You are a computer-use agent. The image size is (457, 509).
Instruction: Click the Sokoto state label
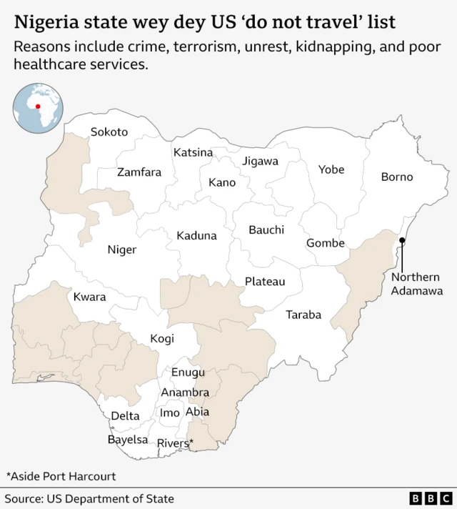click(x=109, y=132)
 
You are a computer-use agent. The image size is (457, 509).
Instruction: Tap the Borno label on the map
click(x=397, y=177)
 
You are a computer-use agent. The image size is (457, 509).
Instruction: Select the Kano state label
click(x=222, y=182)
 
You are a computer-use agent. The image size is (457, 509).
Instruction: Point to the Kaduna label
click(x=196, y=235)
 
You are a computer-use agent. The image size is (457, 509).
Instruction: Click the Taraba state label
click(x=303, y=315)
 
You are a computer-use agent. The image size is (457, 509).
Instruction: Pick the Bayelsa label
click(x=128, y=439)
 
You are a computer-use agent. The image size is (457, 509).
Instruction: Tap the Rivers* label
click(x=175, y=443)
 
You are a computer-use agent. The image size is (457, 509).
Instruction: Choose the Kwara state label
click(x=89, y=297)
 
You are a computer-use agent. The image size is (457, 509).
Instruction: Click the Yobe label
click(x=331, y=169)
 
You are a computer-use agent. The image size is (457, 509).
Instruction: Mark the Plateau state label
click(x=265, y=282)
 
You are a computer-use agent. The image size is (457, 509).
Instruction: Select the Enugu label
click(x=188, y=372)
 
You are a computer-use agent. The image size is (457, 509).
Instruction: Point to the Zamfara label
click(x=139, y=172)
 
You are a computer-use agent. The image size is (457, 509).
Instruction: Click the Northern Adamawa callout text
click(x=416, y=284)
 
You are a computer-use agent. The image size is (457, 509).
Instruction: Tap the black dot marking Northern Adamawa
click(x=402, y=240)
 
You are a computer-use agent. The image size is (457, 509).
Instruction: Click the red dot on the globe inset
click(x=38, y=107)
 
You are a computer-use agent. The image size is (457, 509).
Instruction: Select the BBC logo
click(x=431, y=498)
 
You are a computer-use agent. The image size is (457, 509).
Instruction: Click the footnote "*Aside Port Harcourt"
click(x=61, y=475)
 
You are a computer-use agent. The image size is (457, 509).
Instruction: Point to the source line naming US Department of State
click(x=89, y=498)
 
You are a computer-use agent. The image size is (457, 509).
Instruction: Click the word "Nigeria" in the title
click(x=44, y=23)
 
